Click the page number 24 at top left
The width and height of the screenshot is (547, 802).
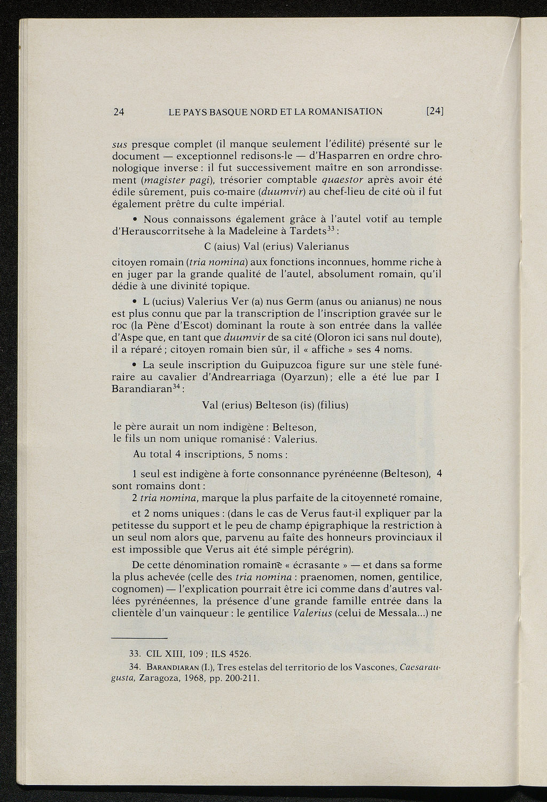point(119,112)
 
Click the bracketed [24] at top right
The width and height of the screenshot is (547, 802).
point(435,112)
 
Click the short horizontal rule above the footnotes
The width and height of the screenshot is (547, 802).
point(139,639)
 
